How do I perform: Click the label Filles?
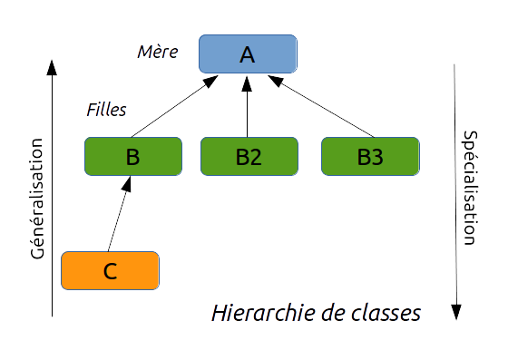pos(105,110)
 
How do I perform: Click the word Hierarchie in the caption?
pos(263,314)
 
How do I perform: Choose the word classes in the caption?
pos(385,314)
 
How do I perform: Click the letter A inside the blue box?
pos(248,54)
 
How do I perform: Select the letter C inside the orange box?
pos(110,270)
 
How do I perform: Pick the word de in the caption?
pos(331,314)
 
